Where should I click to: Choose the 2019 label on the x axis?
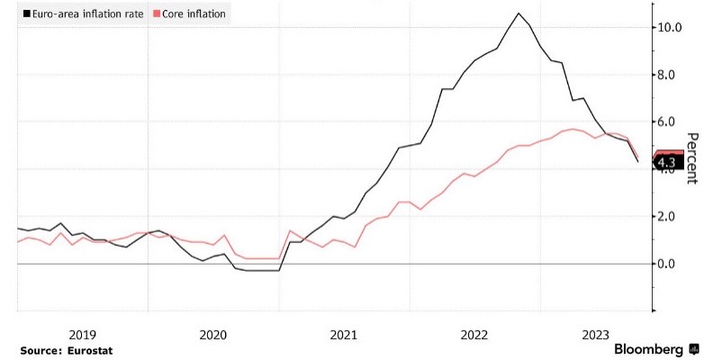pos(82,334)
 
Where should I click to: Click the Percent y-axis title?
pos(692,158)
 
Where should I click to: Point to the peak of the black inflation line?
pos(519,13)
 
